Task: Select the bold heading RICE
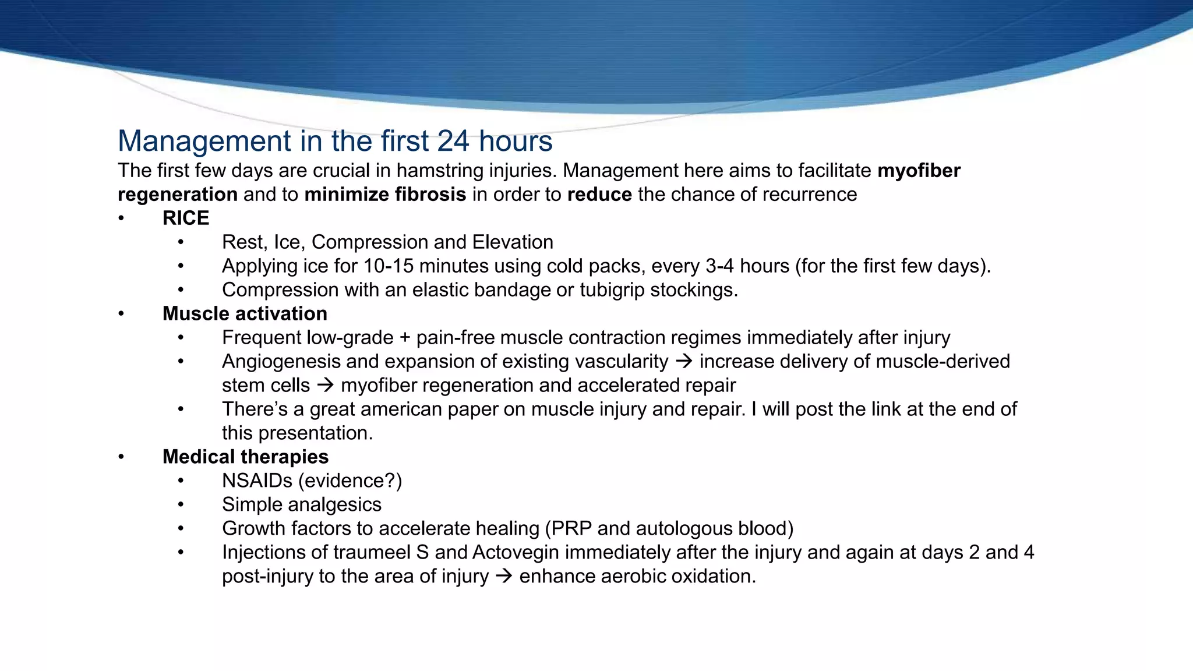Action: click(186, 218)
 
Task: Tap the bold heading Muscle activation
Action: click(245, 313)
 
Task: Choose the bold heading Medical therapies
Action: click(245, 457)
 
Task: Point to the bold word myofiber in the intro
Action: click(919, 171)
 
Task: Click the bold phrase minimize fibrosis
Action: click(385, 194)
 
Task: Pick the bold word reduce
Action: click(599, 194)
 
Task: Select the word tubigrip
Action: click(612, 289)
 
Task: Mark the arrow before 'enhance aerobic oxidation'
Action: click(504, 577)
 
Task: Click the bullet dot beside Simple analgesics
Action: click(181, 504)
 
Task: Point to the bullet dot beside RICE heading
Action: click(121, 218)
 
